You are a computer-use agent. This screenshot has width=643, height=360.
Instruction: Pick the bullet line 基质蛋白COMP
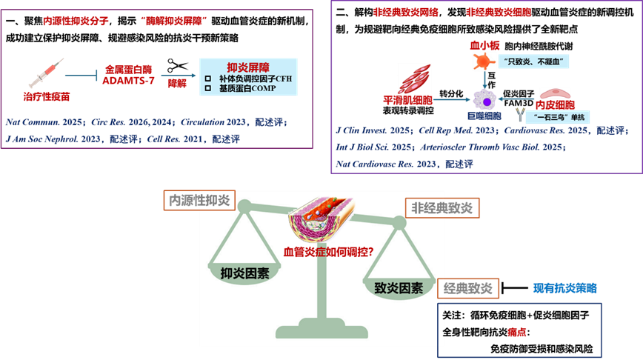(247, 88)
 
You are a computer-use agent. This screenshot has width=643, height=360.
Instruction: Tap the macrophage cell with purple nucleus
(487, 98)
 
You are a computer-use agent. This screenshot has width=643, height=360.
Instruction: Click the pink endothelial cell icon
(555, 93)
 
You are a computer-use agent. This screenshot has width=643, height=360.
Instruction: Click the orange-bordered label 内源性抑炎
(199, 200)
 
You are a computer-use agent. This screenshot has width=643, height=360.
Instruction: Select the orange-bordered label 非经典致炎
(442, 208)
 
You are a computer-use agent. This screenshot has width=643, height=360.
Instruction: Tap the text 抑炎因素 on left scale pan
(244, 273)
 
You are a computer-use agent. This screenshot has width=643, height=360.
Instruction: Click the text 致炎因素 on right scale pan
(399, 288)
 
